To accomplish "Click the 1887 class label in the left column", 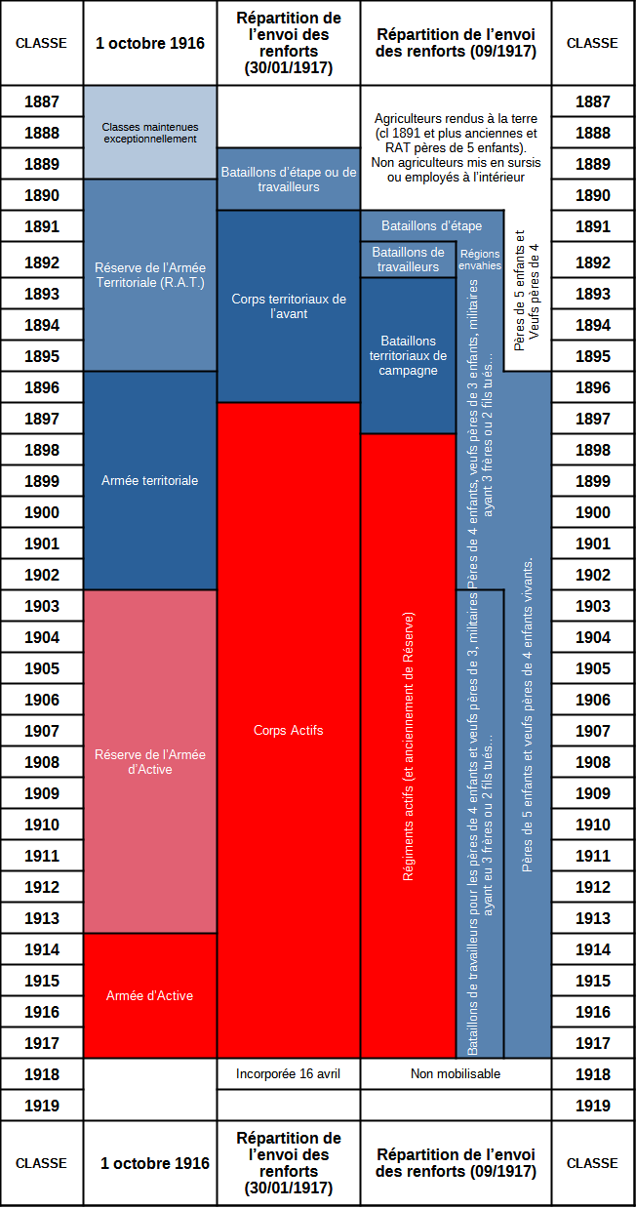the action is [x=42, y=101].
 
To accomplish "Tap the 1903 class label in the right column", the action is [x=593, y=606].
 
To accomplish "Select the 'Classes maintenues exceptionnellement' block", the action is [x=150, y=133].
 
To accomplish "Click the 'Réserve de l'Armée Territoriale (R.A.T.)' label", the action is [x=150, y=275].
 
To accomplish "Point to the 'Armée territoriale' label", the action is [x=150, y=480].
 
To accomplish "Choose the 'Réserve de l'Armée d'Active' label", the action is [x=150, y=762].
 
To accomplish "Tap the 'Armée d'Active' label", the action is [x=150, y=995].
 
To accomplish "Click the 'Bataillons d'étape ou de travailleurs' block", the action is [x=289, y=179].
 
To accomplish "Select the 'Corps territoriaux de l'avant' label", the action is [x=289, y=306].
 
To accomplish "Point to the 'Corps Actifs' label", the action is [x=289, y=730].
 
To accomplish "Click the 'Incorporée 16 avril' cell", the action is [x=289, y=1073].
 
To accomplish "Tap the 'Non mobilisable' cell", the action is [x=456, y=1073].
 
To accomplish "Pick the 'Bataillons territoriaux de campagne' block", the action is [x=408, y=355].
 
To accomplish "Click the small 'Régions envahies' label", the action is [x=480, y=260].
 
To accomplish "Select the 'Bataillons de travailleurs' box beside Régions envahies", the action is [x=408, y=260].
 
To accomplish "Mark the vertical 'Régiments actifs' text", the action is [x=408, y=746].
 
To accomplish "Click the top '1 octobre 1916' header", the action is [x=150, y=43].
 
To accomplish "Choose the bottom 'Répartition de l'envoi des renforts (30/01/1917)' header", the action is [x=289, y=1163].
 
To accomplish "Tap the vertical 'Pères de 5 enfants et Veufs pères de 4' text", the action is [x=527, y=291].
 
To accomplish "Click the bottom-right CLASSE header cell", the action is [x=592, y=1163].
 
